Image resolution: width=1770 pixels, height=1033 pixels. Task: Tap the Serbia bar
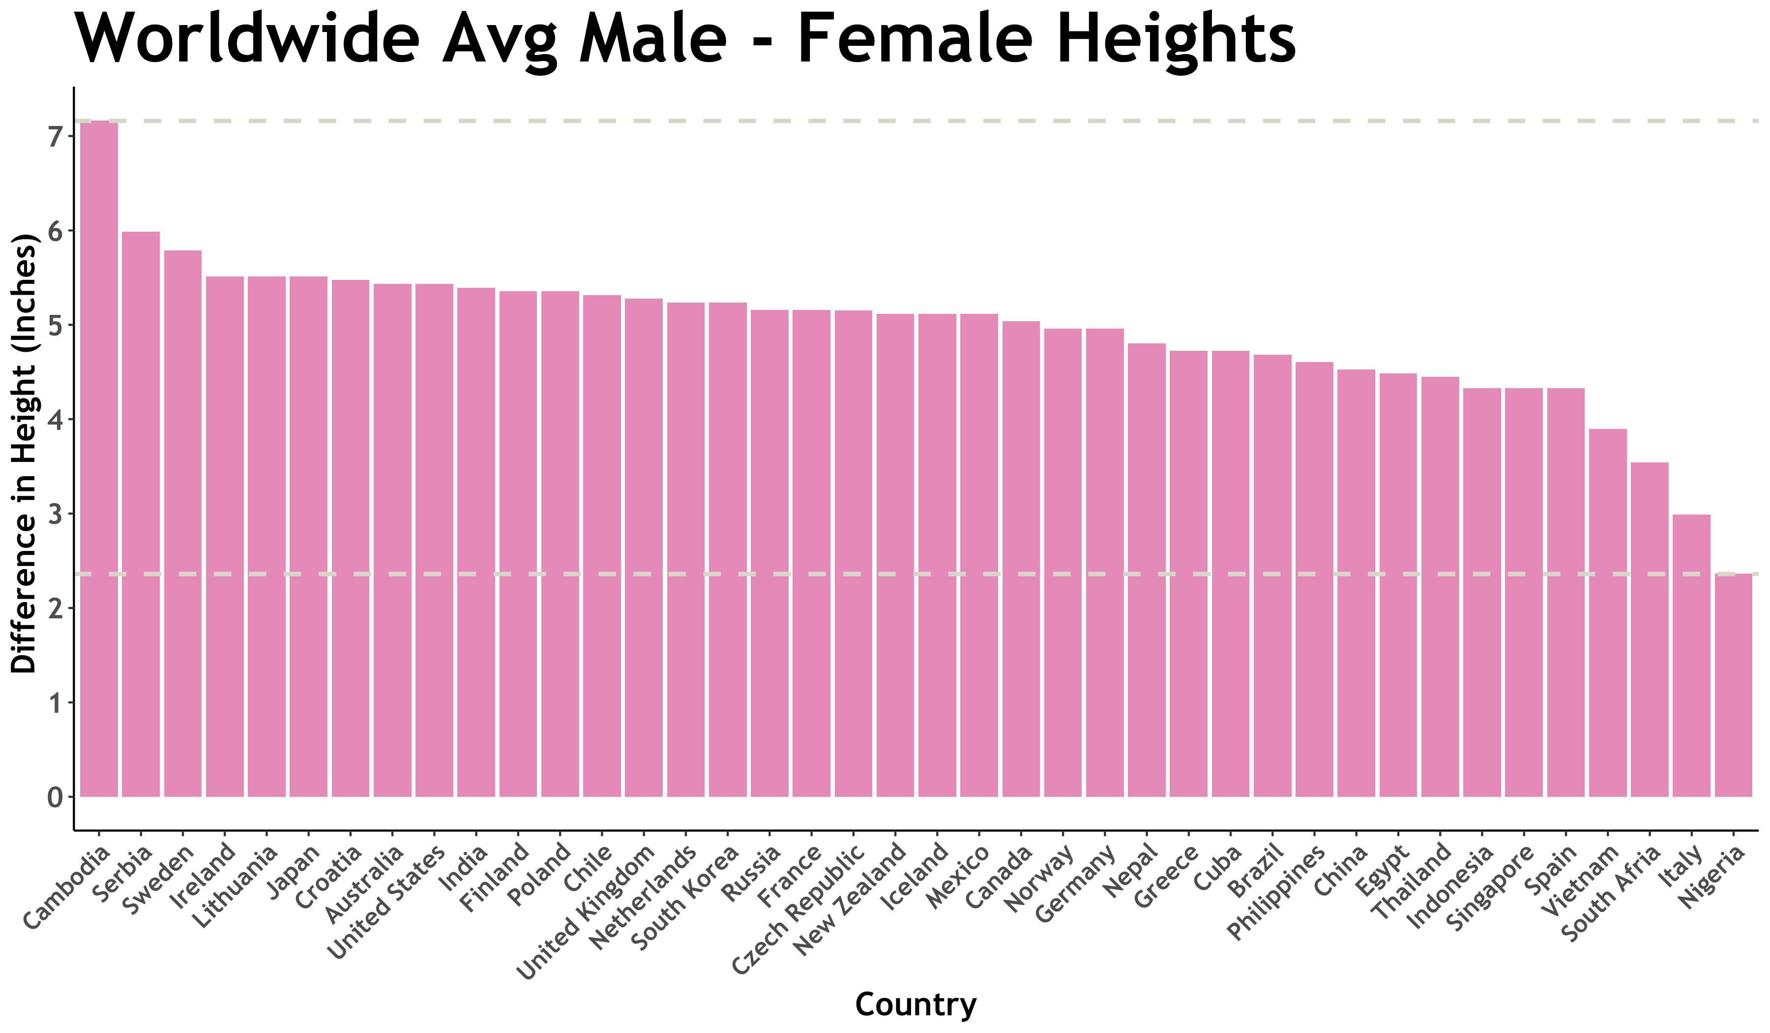tap(141, 514)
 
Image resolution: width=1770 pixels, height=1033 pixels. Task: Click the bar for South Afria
tap(1649, 630)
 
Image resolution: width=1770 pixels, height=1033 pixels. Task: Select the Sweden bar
tap(182, 523)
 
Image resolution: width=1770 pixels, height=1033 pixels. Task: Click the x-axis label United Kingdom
tap(587, 913)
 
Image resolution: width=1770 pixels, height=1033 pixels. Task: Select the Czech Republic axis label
tap(798, 910)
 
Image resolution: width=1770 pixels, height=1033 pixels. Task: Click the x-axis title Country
tap(915, 1004)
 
